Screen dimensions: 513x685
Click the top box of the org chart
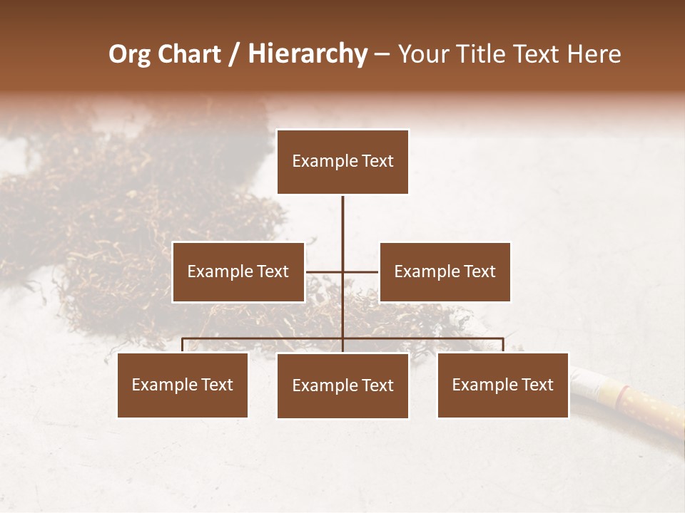pyautogui.click(x=342, y=162)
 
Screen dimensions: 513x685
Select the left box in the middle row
pyautogui.click(x=238, y=271)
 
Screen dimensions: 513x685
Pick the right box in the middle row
pyautogui.click(x=445, y=271)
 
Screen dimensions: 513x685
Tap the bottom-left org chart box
pyautogui.click(x=183, y=385)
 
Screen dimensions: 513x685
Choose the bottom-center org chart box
pyautogui.click(x=342, y=385)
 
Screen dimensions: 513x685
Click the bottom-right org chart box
pyautogui.click(x=503, y=385)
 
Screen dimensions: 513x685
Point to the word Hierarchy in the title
pyautogui.click(x=308, y=54)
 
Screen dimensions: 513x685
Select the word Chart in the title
pyautogui.click(x=189, y=54)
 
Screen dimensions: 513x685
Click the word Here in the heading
pyautogui.click(x=594, y=54)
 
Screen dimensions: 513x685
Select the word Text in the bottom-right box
pyautogui.click(x=537, y=385)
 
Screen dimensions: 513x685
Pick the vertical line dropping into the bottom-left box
pyautogui.click(x=183, y=346)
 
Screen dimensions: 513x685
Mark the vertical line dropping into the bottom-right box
pyautogui.click(x=503, y=346)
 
